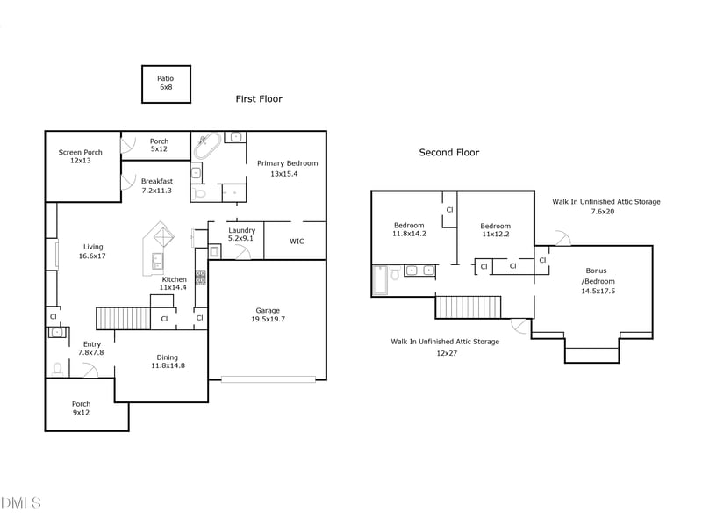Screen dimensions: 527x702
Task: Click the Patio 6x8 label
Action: (x=166, y=83)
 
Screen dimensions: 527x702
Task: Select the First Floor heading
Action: (x=259, y=99)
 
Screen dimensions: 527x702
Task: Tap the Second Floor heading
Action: (x=448, y=153)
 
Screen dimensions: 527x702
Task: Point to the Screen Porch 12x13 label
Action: (x=81, y=156)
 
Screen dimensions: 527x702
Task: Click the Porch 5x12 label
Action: (x=159, y=145)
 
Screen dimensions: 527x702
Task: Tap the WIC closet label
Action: (x=297, y=242)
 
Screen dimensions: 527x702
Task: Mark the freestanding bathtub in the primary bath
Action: (x=207, y=145)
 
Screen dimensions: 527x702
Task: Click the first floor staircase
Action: (x=122, y=318)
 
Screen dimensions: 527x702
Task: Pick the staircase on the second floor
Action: (x=467, y=307)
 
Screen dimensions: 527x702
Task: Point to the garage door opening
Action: (x=268, y=379)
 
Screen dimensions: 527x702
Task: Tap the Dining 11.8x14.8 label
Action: (x=168, y=362)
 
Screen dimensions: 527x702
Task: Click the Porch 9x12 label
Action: (x=81, y=408)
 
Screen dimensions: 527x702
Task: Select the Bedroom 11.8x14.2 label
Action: (x=408, y=230)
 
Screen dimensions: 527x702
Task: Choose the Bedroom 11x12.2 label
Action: (x=495, y=230)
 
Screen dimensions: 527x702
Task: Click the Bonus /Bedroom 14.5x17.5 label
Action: (x=598, y=280)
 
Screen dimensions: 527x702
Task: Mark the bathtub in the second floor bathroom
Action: (x=379, y=280)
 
